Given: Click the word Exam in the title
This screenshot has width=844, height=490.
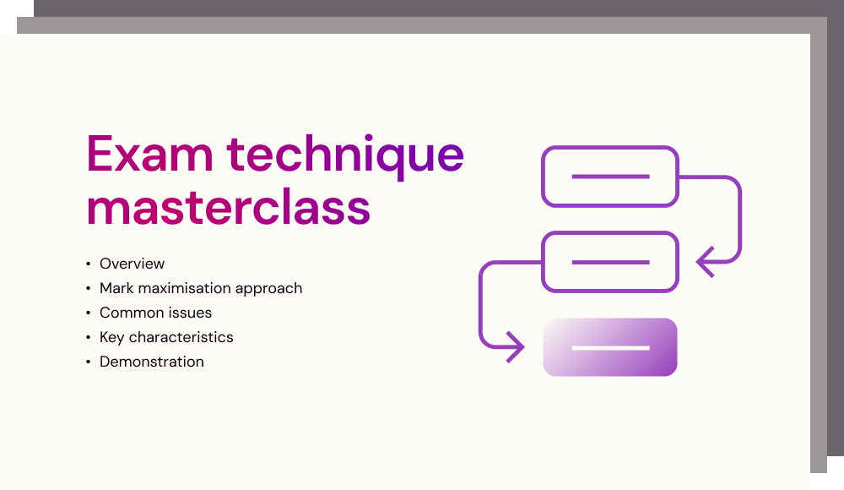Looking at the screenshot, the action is click(x=149, y=154).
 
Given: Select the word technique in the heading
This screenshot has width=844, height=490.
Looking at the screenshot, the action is click(x=345, y=155).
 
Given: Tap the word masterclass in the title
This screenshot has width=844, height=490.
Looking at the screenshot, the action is click(x=228, y=208).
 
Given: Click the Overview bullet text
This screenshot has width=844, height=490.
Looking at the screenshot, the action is click(x=132, y=264).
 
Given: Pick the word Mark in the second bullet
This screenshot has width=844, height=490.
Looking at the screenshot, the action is click(x=116, y=288).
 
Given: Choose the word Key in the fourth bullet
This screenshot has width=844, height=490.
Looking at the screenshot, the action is click(x=112, y=337).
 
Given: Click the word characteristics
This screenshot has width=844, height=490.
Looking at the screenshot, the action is click(x=181, y=337).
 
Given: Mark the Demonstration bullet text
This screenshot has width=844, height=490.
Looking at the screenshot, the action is click(x=152, y=362).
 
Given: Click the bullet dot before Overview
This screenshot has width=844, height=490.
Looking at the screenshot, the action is click(x=89, y=264).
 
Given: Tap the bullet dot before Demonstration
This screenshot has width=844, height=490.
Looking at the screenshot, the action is click(x=89, y=362).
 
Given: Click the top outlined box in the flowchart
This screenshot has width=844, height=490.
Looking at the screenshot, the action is click(x=610, y=147).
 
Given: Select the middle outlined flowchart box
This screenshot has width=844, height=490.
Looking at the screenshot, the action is click(x=610, y=233).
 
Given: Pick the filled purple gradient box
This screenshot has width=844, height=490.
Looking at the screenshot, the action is click(x=610, y=347).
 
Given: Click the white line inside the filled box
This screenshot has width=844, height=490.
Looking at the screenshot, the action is click(x=610, y=348).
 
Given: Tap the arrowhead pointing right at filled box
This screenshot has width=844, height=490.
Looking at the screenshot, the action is click(x=516, y=347).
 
